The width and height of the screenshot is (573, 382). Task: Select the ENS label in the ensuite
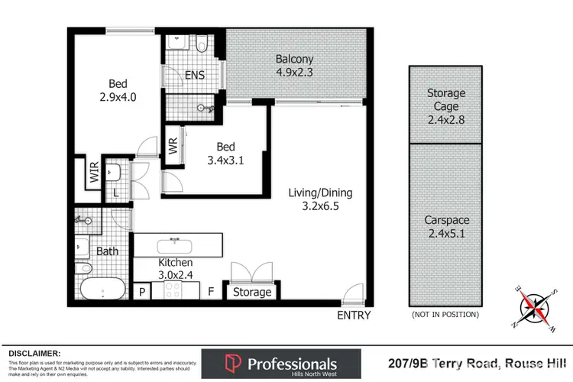click(x=195, y=75)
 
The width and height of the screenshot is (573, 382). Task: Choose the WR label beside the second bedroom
click(x=173, y=146)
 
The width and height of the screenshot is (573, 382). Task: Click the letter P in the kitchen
click(x=142, y=290)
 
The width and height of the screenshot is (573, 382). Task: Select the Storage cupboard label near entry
click(x=251, y=292)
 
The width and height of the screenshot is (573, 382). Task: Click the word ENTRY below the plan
click(x=353, y=315)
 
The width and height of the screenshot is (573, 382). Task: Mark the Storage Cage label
click(x=445, y=99)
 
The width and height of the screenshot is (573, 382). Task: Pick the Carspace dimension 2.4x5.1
click(x=445, y=233)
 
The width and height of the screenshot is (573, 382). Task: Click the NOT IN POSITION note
click(x=445, y=314)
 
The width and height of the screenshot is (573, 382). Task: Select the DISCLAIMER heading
click(x=34, y=353)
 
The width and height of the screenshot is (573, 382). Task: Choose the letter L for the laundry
click(x=116, y=193)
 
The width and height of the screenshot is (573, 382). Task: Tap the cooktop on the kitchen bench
click(x=171, y=290)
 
